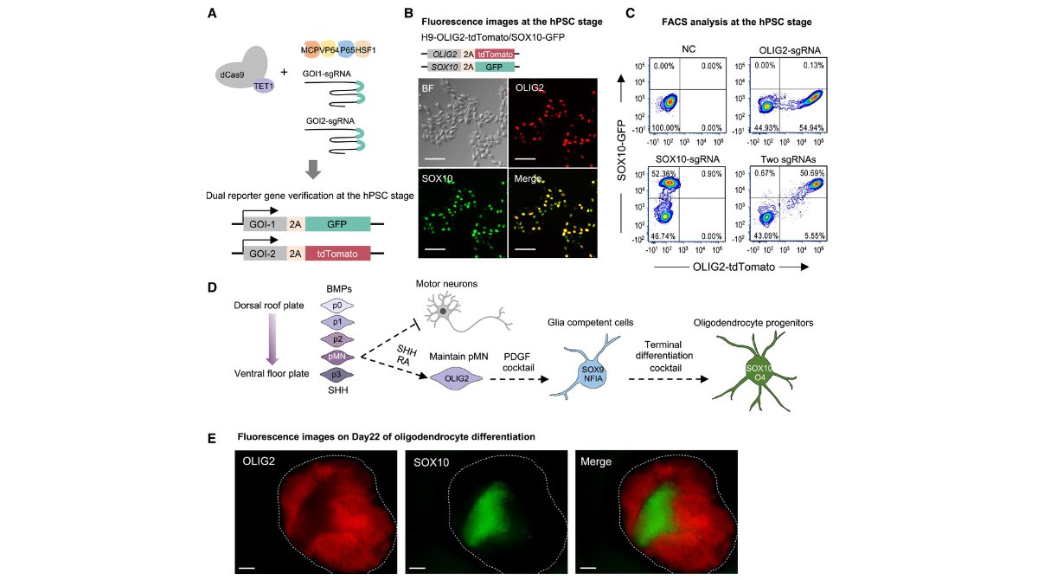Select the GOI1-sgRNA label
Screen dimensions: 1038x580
pos(326,74)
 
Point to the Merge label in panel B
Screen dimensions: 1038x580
pos(528,177)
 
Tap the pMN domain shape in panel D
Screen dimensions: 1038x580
pos(336,356)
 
